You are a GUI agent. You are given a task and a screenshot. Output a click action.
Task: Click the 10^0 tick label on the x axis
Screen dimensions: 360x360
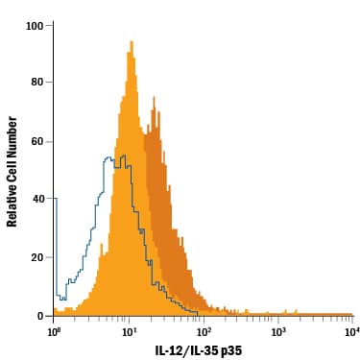click(x=54, y=331)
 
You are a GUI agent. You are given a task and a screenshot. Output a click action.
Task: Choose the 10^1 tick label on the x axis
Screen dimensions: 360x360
click(x=129, y=331)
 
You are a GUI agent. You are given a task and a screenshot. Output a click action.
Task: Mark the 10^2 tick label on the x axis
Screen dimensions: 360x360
click(x=204, y=331)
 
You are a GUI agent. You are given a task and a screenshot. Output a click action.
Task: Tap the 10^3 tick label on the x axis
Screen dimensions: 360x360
click(x=278, y=331)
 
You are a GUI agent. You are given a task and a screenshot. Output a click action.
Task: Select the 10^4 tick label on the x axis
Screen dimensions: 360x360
click(x=351, y=331)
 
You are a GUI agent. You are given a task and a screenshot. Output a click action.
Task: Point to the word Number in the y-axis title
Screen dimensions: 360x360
click(x=13, y=137)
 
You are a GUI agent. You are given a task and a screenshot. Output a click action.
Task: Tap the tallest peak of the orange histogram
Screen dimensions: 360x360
click(x=130, y=42)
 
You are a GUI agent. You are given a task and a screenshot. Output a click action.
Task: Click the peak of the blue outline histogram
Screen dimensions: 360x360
click(x=108, y=156)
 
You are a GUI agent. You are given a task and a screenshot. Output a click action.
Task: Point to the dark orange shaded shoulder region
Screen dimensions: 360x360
click(x=158, y=192)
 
